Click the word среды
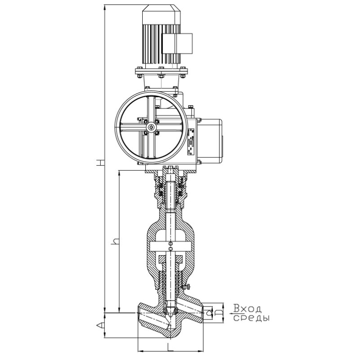(x=251, y=318)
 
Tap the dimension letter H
(x=99, y=162)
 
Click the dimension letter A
(x=99, y=325)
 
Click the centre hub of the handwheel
(x=151, y=128)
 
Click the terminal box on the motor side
(x=177, y=44)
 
